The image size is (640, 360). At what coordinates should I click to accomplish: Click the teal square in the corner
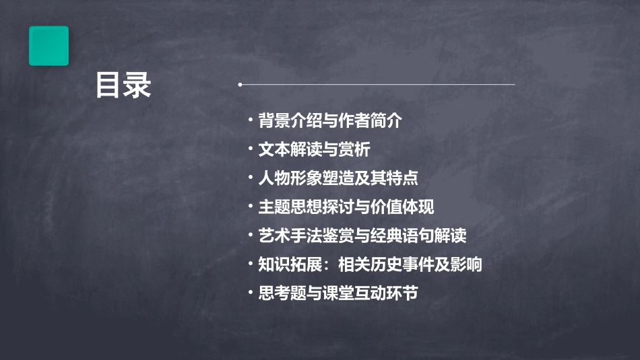[49, 46]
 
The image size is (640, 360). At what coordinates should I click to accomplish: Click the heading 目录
[123, 85]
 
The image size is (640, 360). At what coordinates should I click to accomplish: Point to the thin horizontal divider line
[377, 85]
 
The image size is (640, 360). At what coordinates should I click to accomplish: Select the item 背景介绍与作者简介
[329, 121]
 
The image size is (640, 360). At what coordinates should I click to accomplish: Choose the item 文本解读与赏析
[314, 149]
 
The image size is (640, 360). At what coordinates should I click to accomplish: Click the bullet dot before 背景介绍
[251, 122]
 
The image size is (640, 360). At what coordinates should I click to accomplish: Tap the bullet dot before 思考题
[251, 294]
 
